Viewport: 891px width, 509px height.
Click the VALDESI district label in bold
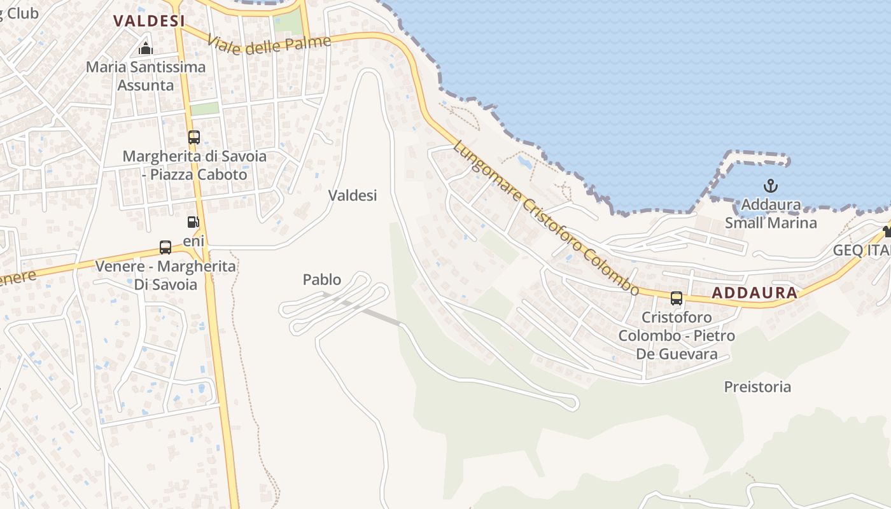click(149, 20)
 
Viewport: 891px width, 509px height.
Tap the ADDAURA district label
click(754, 293)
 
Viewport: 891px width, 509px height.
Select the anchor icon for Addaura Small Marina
click(771, 186)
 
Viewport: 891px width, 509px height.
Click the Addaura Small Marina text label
click(771, 214)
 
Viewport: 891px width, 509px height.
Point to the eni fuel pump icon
click(193, 222)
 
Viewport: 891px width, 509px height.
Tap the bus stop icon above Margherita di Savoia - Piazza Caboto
click(194, 137)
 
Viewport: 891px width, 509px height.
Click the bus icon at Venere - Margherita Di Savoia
click(165, 247)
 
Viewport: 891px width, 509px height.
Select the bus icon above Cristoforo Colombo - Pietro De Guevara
click(676, 298)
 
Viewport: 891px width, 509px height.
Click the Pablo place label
click(322, 279)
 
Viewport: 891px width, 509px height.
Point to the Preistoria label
click(757, 386)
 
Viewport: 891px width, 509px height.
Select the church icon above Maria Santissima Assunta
click(146, 48)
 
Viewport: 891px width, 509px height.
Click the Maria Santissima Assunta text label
click(146, 76)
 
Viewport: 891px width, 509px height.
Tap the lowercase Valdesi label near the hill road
click(353, 195)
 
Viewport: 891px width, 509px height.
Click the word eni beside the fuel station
click(193, 241)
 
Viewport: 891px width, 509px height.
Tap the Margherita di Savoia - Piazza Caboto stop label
click(194, 165)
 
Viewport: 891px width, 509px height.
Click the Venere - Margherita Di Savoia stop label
click(165, 275)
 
